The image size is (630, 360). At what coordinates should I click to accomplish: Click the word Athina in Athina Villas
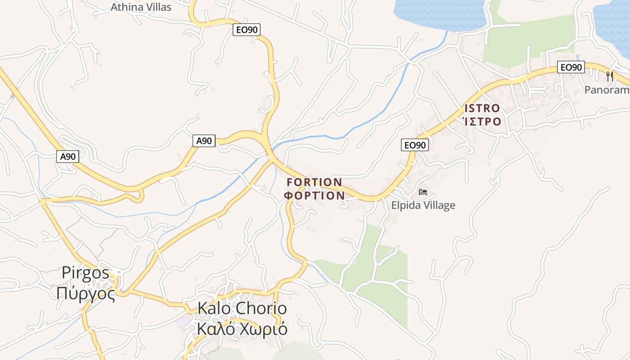(126, 7)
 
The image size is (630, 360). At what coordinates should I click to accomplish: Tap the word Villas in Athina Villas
(158, 7)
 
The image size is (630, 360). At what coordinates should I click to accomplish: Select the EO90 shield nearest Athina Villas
(247, 30)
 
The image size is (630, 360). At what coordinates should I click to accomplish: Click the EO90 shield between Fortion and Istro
(414, 145)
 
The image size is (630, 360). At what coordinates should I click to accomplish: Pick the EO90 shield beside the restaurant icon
(571, 67)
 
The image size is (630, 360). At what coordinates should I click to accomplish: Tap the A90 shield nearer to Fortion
(203, 141)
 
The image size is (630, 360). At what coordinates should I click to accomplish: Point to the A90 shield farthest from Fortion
(68, 157)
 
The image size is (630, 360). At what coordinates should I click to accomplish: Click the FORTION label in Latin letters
(314, 182)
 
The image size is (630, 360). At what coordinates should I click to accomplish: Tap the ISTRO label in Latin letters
(482, 108)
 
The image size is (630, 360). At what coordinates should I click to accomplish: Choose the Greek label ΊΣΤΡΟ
(482, 121)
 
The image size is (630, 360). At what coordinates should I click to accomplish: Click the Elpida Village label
(423, 206)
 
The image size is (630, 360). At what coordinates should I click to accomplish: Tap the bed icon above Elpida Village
(423, 192)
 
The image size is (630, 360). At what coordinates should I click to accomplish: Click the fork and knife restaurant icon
(610, 76)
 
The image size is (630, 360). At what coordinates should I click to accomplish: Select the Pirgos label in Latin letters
(85, 273)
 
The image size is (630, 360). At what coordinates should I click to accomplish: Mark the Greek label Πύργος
(86, 293)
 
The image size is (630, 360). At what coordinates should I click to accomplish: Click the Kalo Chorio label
(242, 309)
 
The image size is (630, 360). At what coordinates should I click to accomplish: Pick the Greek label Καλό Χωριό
(242, 329)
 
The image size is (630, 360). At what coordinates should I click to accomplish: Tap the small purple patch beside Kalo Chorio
(184, 321)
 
